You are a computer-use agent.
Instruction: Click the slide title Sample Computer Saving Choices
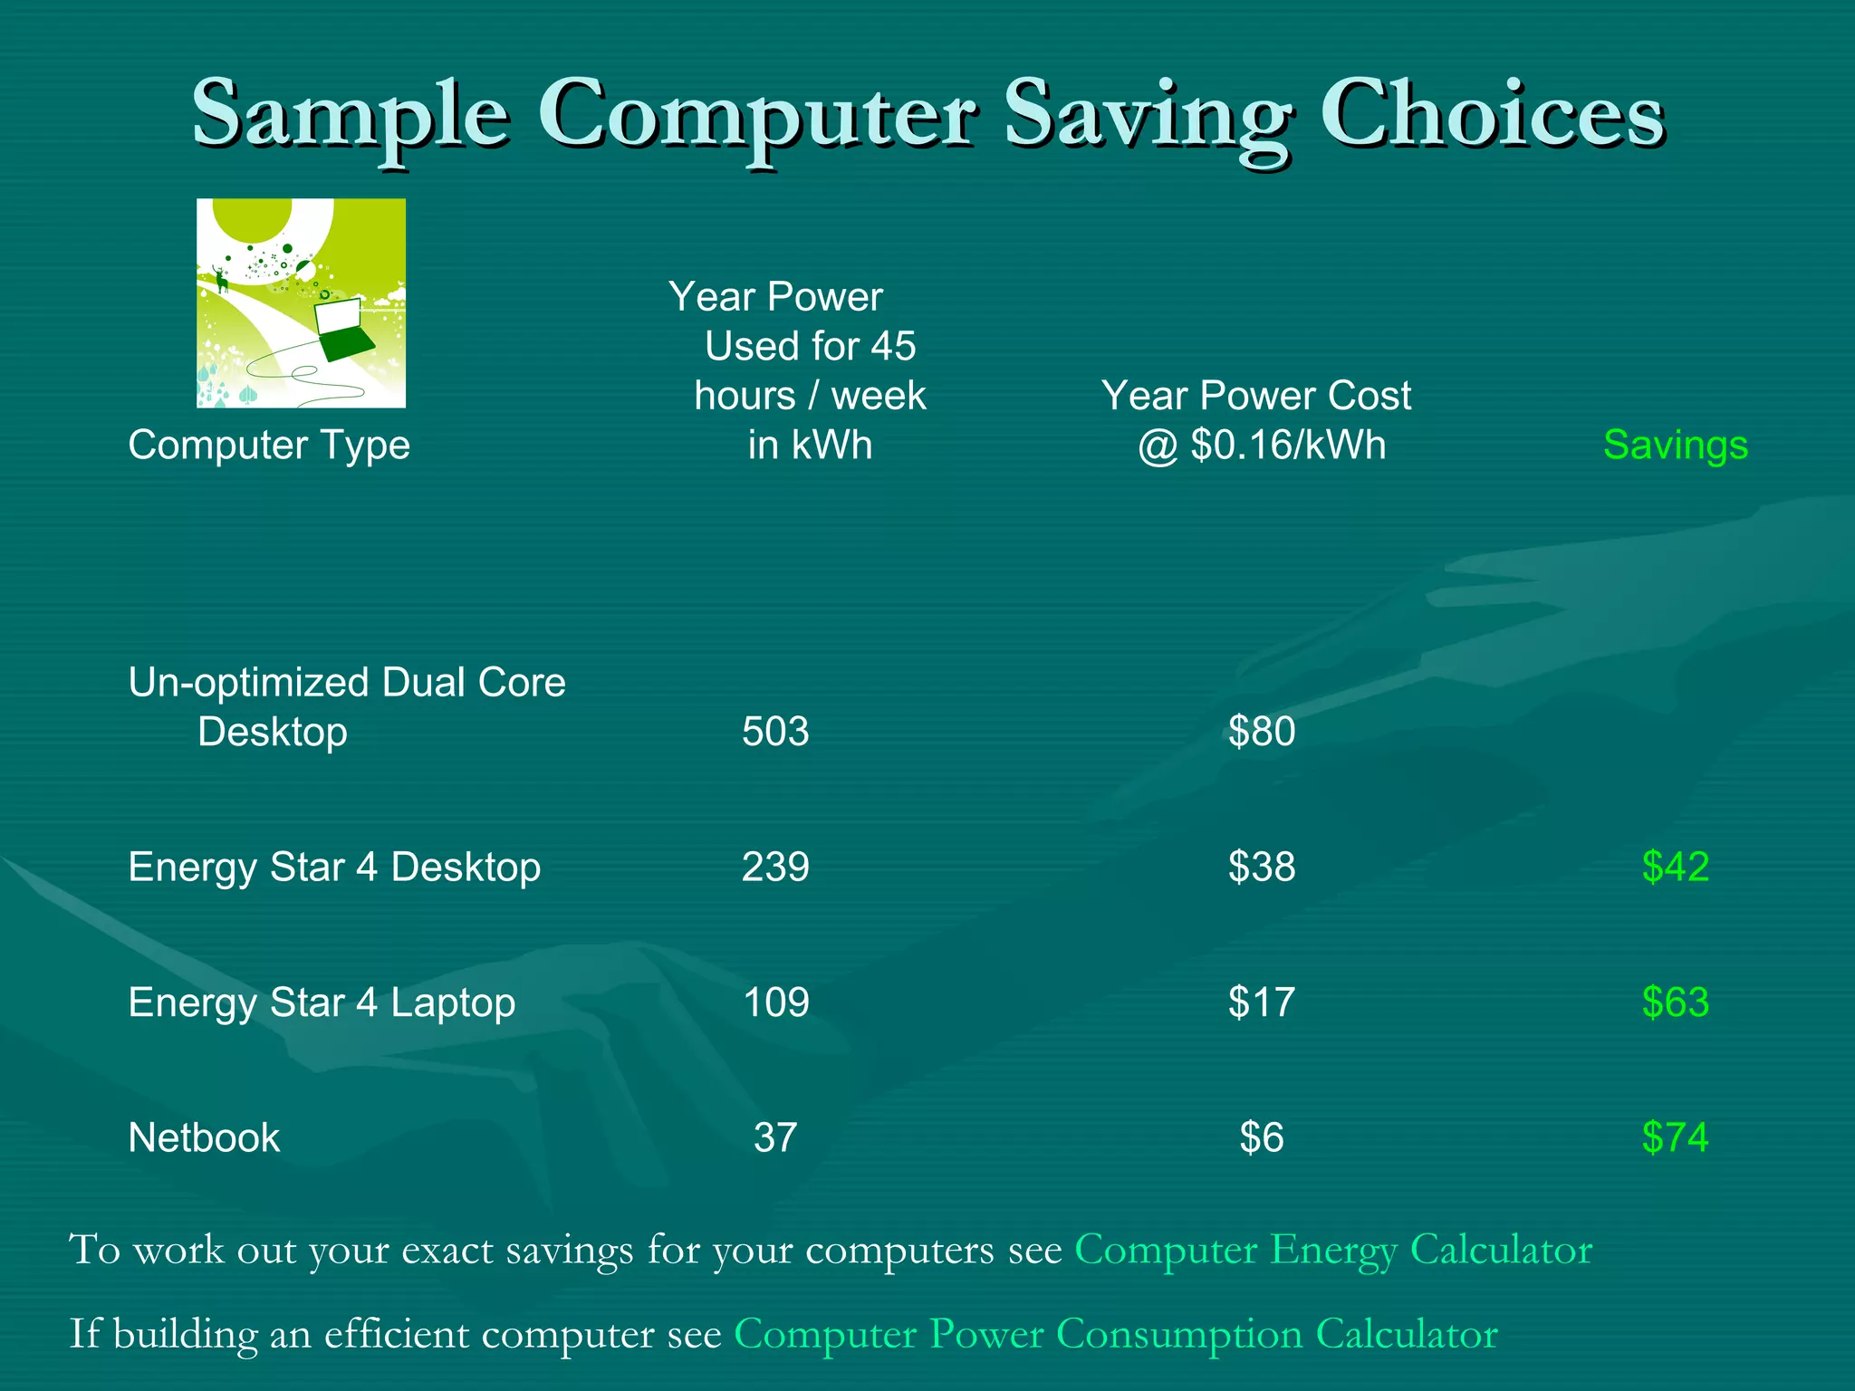pyautogui.click(x=927, y=116)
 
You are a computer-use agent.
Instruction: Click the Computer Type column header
pyautogui.click(x=269, y=446)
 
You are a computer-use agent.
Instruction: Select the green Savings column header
pyautogui.click(x=1675, y=446)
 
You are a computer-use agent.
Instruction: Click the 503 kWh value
pyautogui.click(x=775, y=732)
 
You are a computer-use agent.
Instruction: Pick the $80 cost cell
pyautogui.click(x=1262, y=732)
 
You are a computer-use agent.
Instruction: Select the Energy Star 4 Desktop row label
pyautogui.click(x=334, y=868)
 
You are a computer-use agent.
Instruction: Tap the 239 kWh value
pyautogui.click(x=775, y=868)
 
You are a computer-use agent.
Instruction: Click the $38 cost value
pyautogui.click(x=1262, y=868)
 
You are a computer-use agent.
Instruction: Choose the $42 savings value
pyautogui.click(x=1675, y=868)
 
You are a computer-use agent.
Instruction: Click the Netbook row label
pyautogui.click(x=204, y=1138)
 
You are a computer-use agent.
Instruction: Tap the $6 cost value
pyautogui.click(x=1262, y=1138)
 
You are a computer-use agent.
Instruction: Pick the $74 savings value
pyautogui.click(x=1675, y=1138)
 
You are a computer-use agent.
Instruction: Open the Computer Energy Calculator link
pyautogui.click(x=1332, y=1251)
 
